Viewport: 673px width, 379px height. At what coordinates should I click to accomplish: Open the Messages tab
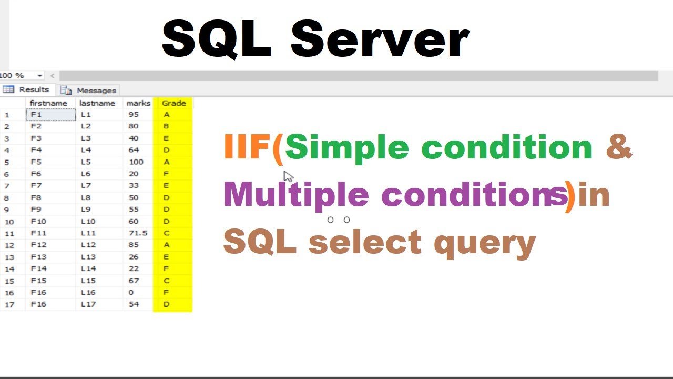pyautogui.click(x=89, y=91)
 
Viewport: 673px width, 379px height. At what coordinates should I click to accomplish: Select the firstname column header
pyautogui.click(x=48, y=103)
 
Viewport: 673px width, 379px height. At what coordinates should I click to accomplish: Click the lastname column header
pyautogui.click(x=97, y=103)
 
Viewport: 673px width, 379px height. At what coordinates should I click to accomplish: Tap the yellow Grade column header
pyautogui.click(x=174, y=103)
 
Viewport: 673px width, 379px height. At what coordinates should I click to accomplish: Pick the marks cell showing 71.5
pyautogui.click(x=137, y=233)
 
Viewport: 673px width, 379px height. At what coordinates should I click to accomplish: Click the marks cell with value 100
pyautogui.click(x=136, y=162)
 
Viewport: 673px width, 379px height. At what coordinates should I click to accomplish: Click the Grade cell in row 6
pyautogui.click(x=167, y=174)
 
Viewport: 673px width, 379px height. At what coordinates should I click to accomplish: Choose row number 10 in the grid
pyautogui.click(x=9, y=222)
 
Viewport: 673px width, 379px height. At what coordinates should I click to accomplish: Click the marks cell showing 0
pyautogui.click(x=131, y=293)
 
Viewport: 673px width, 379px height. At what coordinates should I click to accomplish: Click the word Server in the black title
pyautogui.click(x=379, y=41)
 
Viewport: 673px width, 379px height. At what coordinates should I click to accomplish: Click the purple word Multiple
pyautogui.click(x=296, y=195)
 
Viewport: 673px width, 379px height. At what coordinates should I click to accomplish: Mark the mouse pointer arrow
pyautogui.click(x=288, y=176)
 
